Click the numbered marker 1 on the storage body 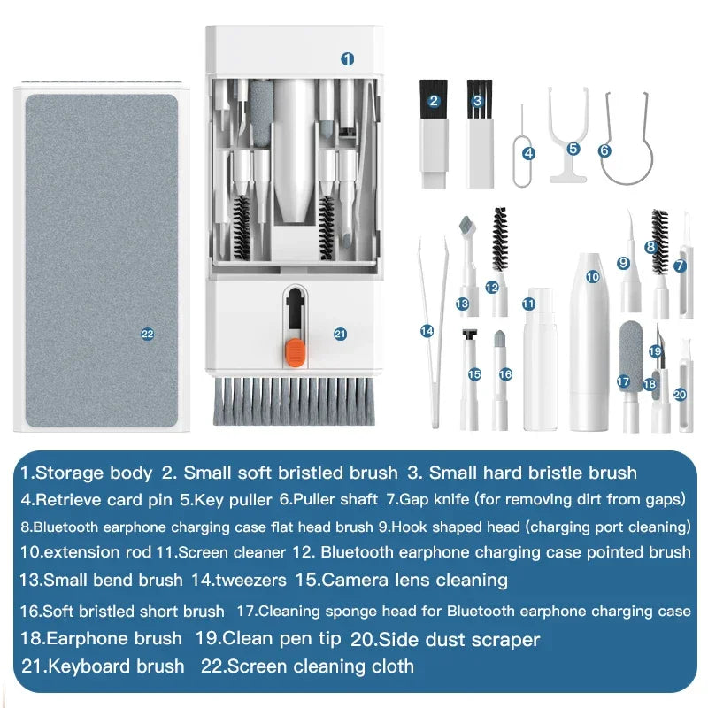pos(348,58)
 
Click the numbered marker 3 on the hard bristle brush pos(478,101)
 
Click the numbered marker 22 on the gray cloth pos(148,334)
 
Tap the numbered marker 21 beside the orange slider pos(341,334)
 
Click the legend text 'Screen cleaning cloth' pos(320,666)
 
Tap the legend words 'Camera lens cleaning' pos(414,581)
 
